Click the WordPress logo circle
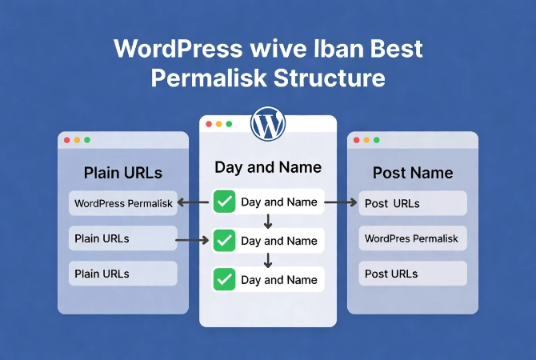coord(268,124)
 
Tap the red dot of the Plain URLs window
coord(66,140)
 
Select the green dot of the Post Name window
coord(376,140)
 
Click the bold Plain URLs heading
coord(122,173)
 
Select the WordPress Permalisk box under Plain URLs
coord(122,203)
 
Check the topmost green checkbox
coord(225,202)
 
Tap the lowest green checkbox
coord(225,279)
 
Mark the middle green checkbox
coord(225,240)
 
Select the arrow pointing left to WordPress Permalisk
coord(194,202)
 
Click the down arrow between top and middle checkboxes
coord(268,222)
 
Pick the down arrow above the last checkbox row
coord(268,260)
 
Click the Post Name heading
coord(413,173)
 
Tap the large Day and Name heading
coord(268,167)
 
